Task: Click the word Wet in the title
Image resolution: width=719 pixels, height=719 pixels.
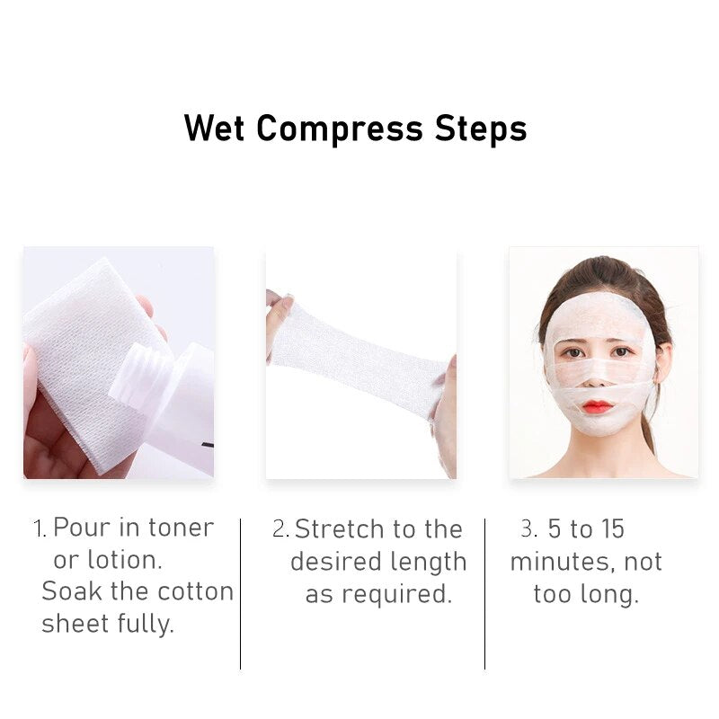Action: click(x=214, y=128)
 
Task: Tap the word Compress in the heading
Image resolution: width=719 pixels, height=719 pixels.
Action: click(x=340, y=129)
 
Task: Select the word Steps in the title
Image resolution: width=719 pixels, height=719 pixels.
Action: click(x=481, y=129)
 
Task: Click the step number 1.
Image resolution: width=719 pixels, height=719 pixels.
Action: click(x=40, y=528)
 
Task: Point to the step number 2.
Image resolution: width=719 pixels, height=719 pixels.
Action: click(x=280, y=528)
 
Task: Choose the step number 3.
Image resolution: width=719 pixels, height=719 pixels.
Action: click(x=528, y=528)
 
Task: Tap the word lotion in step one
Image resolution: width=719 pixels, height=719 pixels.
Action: click(x=124, y=560)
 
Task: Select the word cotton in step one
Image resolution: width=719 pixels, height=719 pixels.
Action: click(x=196, y=591)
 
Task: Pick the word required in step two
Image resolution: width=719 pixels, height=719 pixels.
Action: click(x=397, y=594)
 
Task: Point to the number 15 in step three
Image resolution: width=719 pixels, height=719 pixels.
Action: click(x=613, y=528)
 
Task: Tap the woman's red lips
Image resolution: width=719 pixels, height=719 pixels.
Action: click(x=598, y=406)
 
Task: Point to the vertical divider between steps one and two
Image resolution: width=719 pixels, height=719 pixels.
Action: click(x=240, y=594)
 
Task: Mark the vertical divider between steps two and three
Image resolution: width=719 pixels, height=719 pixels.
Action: click(x=484, y=594)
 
